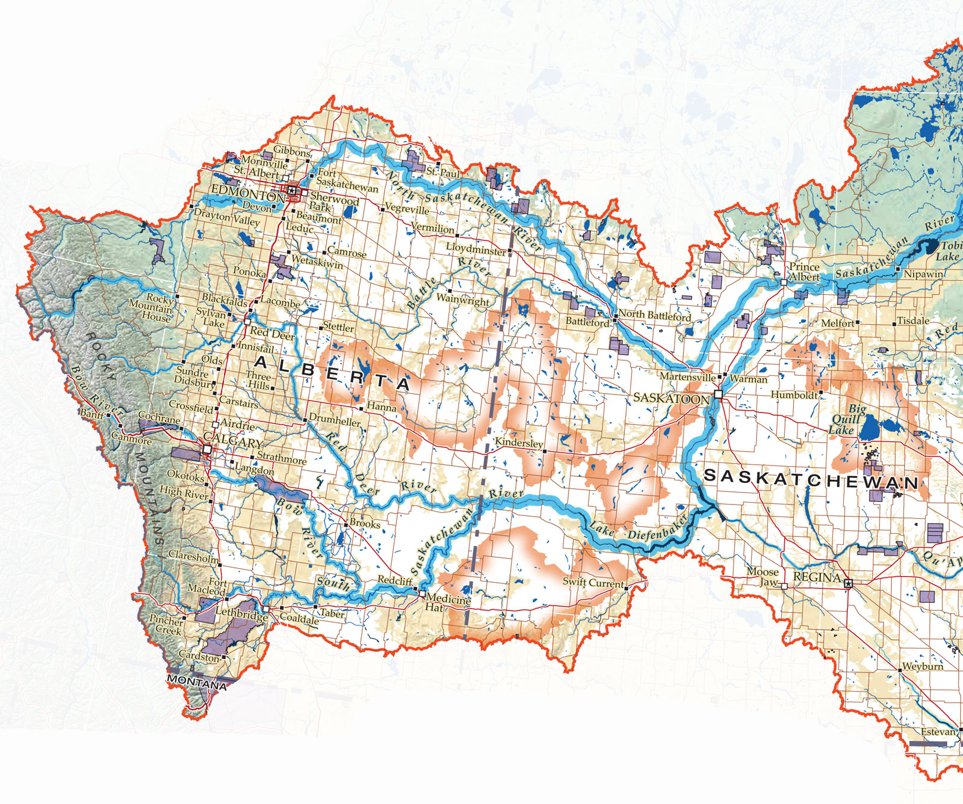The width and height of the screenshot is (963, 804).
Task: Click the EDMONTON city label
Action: click(247, 194)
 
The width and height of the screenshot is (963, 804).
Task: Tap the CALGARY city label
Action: click(233, 441)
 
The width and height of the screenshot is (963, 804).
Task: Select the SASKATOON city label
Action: click(671, 398)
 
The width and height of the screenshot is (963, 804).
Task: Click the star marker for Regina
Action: click(849, 583)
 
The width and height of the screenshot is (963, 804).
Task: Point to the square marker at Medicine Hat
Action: click(423, 594)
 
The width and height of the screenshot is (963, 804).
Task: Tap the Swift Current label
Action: click(593, 582)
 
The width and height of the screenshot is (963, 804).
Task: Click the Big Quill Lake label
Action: click(847, 419)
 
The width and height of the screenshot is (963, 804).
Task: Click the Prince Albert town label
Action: click(804, 272)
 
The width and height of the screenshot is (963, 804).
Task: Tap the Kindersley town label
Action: click(518, 443)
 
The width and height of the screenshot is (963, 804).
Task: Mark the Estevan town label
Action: click(938, 732)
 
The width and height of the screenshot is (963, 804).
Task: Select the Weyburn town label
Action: click(923, 667)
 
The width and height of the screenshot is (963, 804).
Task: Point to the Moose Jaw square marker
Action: click(784, 586)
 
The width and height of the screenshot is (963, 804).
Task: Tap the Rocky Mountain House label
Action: click(152, 308)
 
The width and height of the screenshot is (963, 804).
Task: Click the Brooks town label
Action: click(365, 523)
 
